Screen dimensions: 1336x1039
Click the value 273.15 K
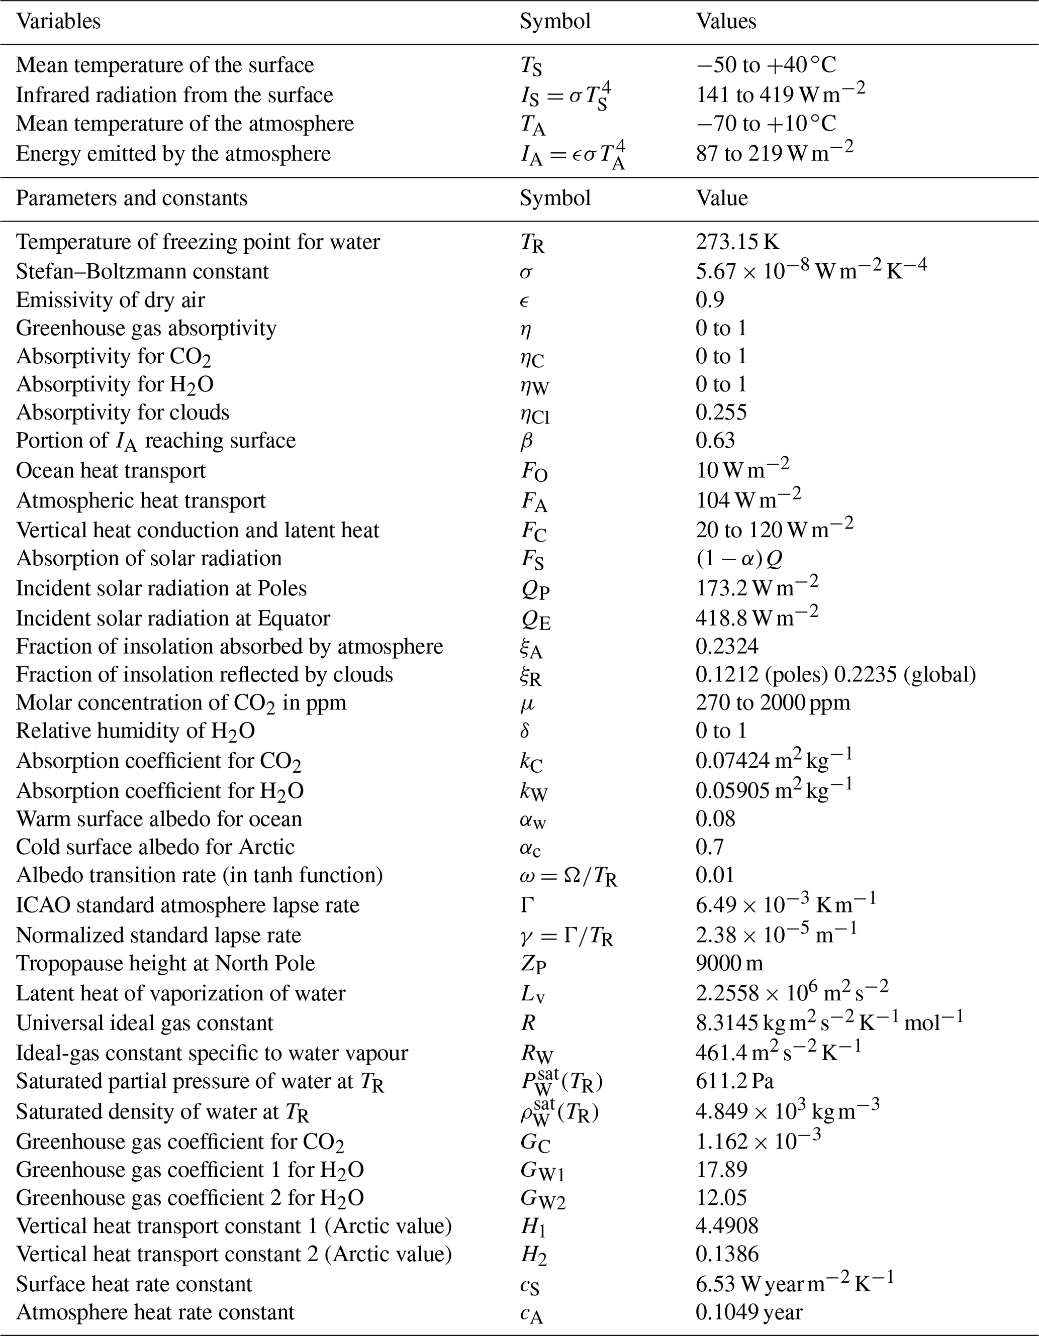coord(737,242)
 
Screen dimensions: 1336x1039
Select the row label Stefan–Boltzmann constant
coord(142,271)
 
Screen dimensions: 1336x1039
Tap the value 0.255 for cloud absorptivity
coord(721,413)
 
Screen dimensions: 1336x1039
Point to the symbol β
coord(526,441)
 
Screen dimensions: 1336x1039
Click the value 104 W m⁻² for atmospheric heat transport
coord(748,500)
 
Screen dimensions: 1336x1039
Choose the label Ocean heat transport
coord(111,470)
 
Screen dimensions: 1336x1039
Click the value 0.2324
coord(726,646)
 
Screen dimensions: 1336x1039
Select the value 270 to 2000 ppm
coord(772,702)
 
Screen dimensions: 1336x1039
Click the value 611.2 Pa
coord(734,1081)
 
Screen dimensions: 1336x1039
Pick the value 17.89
coord(721,1169)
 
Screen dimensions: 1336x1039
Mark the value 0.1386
coord(726,1254)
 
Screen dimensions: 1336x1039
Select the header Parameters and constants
coord(132,198)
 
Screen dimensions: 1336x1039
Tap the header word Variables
coord(58,22)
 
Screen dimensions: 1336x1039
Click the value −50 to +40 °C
coord(766,65)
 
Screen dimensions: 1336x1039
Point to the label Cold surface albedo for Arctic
coord(155,847)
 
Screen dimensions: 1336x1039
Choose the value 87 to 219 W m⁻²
coord(774,153)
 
